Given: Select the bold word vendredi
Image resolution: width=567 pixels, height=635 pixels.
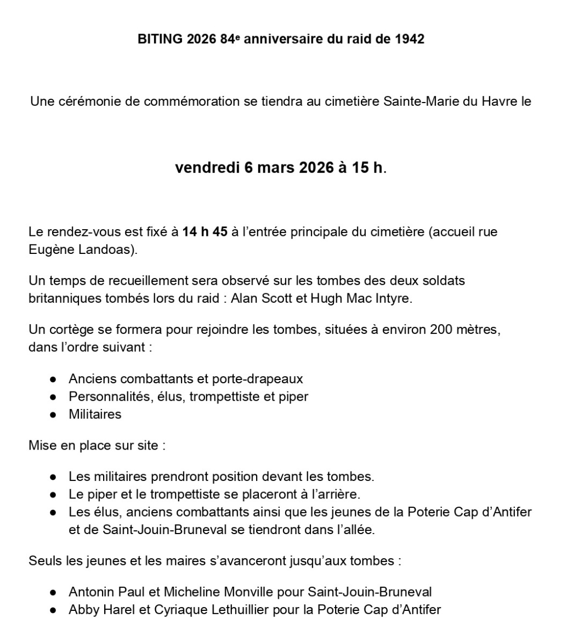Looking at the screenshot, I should coord(207,168).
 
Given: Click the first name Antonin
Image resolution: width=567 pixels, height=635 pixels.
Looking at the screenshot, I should coord(91,592).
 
